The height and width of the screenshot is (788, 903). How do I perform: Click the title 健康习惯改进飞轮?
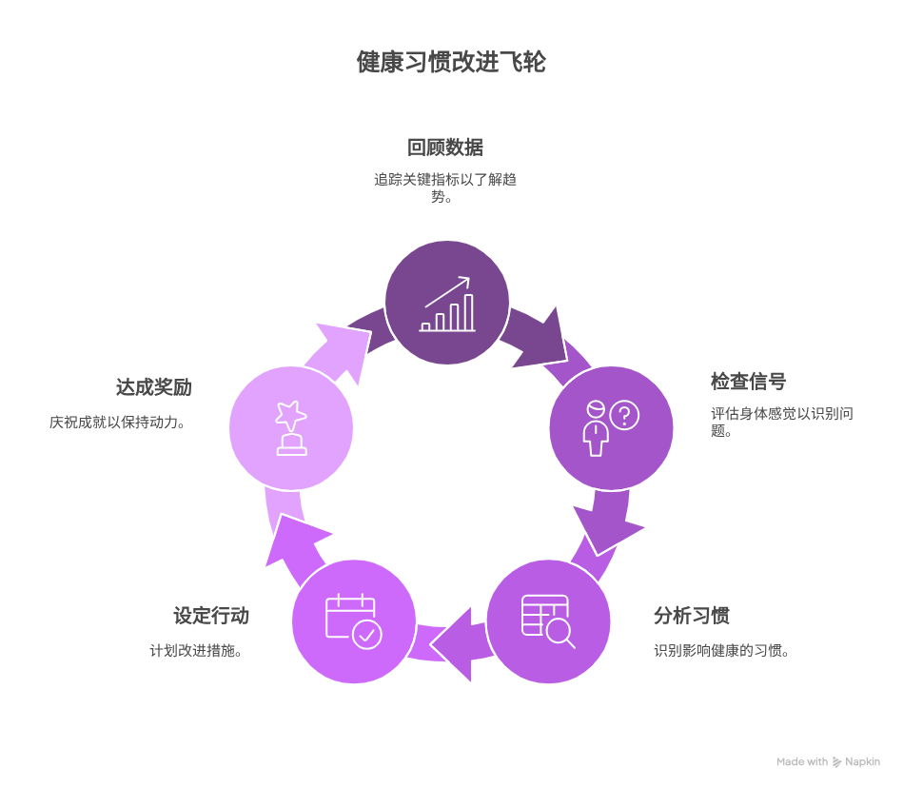(x=451, y=62)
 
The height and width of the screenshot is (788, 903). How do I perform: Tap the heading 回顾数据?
(x=445, y=148)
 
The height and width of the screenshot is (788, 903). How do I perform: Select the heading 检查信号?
(x=749, y=382)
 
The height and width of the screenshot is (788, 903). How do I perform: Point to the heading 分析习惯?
(x=692, y=615)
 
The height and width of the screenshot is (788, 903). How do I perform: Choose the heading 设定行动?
(x=211, y=615)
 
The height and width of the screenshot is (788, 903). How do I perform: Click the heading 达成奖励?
(x=154, y=387)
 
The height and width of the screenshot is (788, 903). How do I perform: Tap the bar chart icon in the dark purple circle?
(x=447, y=305)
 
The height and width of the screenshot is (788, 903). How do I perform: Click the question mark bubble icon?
(x=625, y=415)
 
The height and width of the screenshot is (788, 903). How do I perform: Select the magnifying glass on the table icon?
(x=560, y=634)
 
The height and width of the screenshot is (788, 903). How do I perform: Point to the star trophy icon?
(x=291, y=428)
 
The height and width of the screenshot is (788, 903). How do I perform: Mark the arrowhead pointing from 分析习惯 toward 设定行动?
(x=453, y=644)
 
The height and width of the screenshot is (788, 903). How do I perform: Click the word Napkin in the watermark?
(x=862, y=761)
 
